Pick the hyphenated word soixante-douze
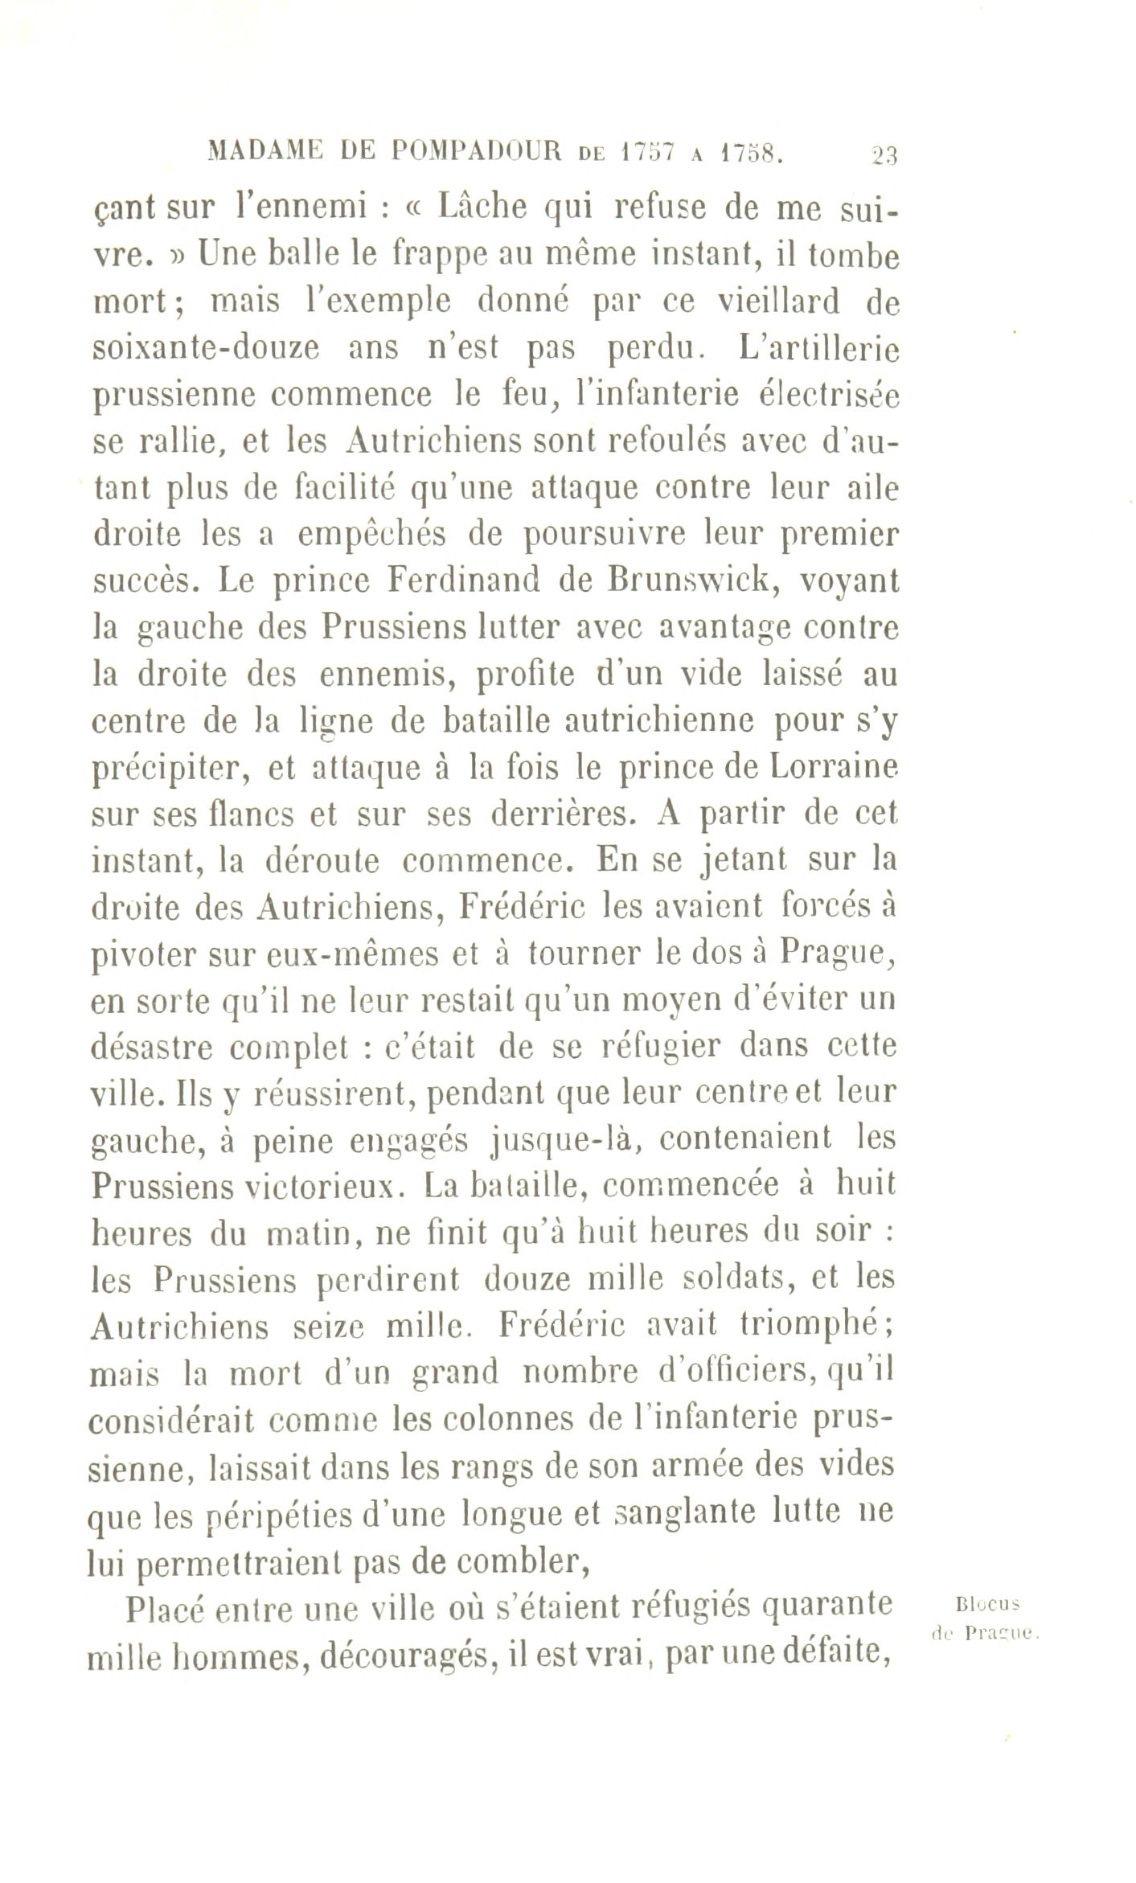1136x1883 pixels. point(206,348)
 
